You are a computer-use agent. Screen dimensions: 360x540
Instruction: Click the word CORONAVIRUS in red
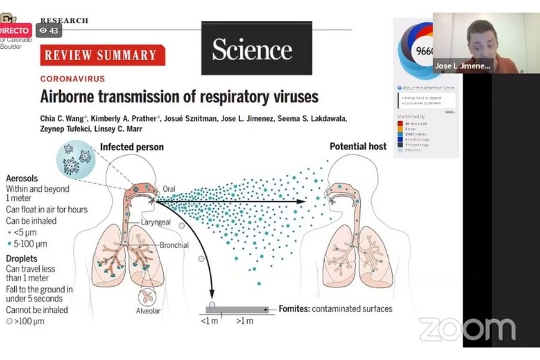[73, 79]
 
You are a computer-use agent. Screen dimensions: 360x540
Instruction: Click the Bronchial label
[174, 245]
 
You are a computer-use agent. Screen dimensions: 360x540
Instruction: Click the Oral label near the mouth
[169, 189]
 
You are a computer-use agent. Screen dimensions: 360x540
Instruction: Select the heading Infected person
[132, 147]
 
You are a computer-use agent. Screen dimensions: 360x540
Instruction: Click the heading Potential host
[358, 147]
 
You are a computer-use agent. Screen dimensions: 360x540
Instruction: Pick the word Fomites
[294, 308]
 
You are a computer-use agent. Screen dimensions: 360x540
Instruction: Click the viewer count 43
[50, 30]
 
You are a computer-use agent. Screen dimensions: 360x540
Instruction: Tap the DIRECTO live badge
[15, 30]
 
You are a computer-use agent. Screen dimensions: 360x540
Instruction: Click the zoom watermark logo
[467, 329]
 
